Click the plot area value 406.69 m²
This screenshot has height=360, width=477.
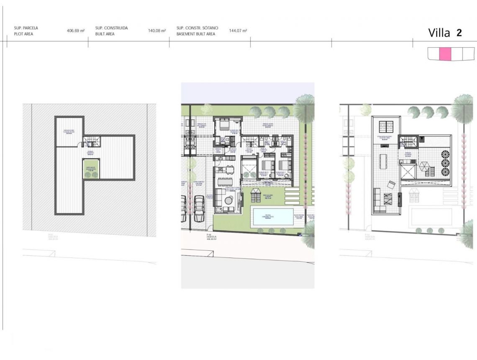[x=76, y=31]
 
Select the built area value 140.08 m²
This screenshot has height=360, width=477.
[x=157, y=31]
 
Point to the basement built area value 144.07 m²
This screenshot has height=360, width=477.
[x=238, y=31]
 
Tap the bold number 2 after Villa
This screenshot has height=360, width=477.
[x=459, y=33]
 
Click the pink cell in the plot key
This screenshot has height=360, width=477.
[x=445, y=54]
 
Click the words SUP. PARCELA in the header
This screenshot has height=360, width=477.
[x=26, y=28]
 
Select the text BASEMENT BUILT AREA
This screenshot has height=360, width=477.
[x=196, y=34]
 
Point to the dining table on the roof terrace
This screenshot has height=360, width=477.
[x=384, y=161]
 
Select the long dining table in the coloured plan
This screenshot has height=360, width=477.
[x=225, y=181]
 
